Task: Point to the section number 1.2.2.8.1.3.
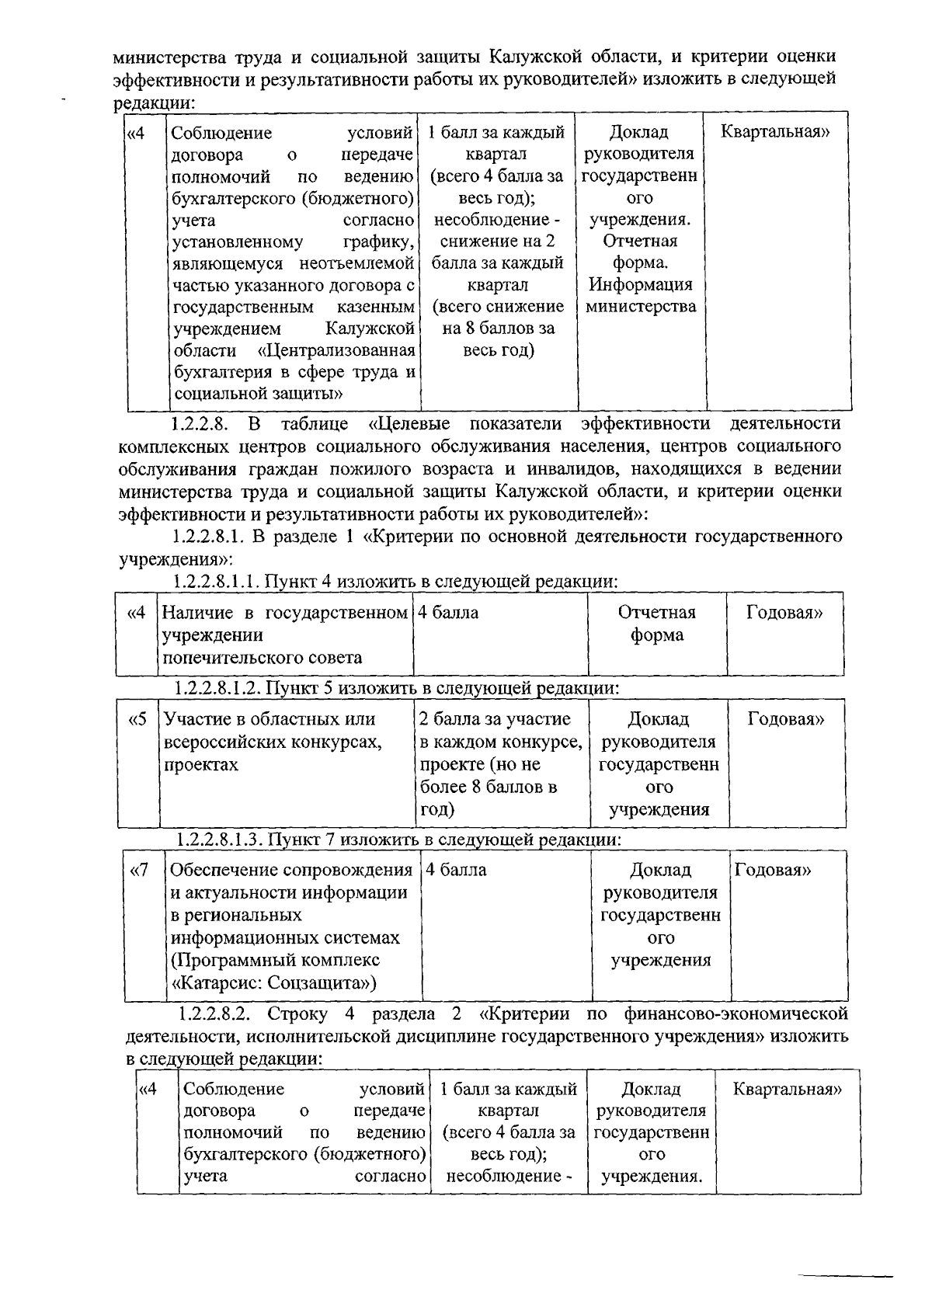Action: click(x=219, y=840)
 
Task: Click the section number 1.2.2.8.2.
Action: click(x=214, y=1014)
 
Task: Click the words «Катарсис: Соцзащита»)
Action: click(x=273, y=983)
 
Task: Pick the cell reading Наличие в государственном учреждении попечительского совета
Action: click(x=284, y=635)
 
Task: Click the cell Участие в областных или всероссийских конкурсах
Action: click(x=287, y=742)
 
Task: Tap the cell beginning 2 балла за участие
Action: click(x=501, y=763)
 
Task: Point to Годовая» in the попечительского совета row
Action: click(x=784, y=613)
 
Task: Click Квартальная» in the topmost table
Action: click(x=774, y=132)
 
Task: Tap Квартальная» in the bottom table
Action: click(x=787, y=1089)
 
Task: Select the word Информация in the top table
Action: click(x=640, y=284)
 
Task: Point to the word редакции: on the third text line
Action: click(x=154, y=103)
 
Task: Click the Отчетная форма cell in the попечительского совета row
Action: click(x=656, y=624)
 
